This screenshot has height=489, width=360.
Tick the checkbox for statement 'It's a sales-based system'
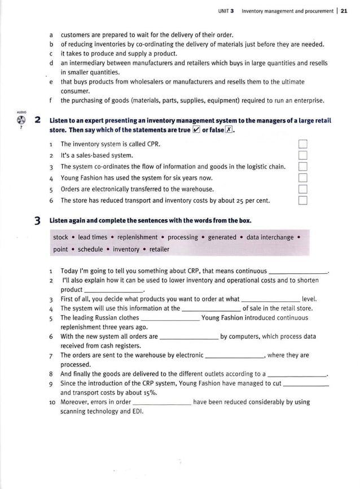(x=303, y=155)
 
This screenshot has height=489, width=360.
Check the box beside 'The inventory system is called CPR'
(x=303, y=144)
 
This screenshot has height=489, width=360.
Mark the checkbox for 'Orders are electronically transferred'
(x=303, y=189)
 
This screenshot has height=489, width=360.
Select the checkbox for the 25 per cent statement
(x=303, y=200)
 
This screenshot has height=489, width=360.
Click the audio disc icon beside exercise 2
(x=21, y=120)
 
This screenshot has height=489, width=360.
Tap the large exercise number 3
(x=37, y=221)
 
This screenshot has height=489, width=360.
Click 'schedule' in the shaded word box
(x=90, y=250)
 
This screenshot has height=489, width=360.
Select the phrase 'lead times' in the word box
(x=92, y=238)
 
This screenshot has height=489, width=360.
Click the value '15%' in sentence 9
(x=150, y=392)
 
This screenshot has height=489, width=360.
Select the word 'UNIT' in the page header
(x=223, y=11)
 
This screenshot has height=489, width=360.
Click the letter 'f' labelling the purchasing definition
(x=51, y=101)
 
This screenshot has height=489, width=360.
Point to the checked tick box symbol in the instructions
(x=196, y=130)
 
